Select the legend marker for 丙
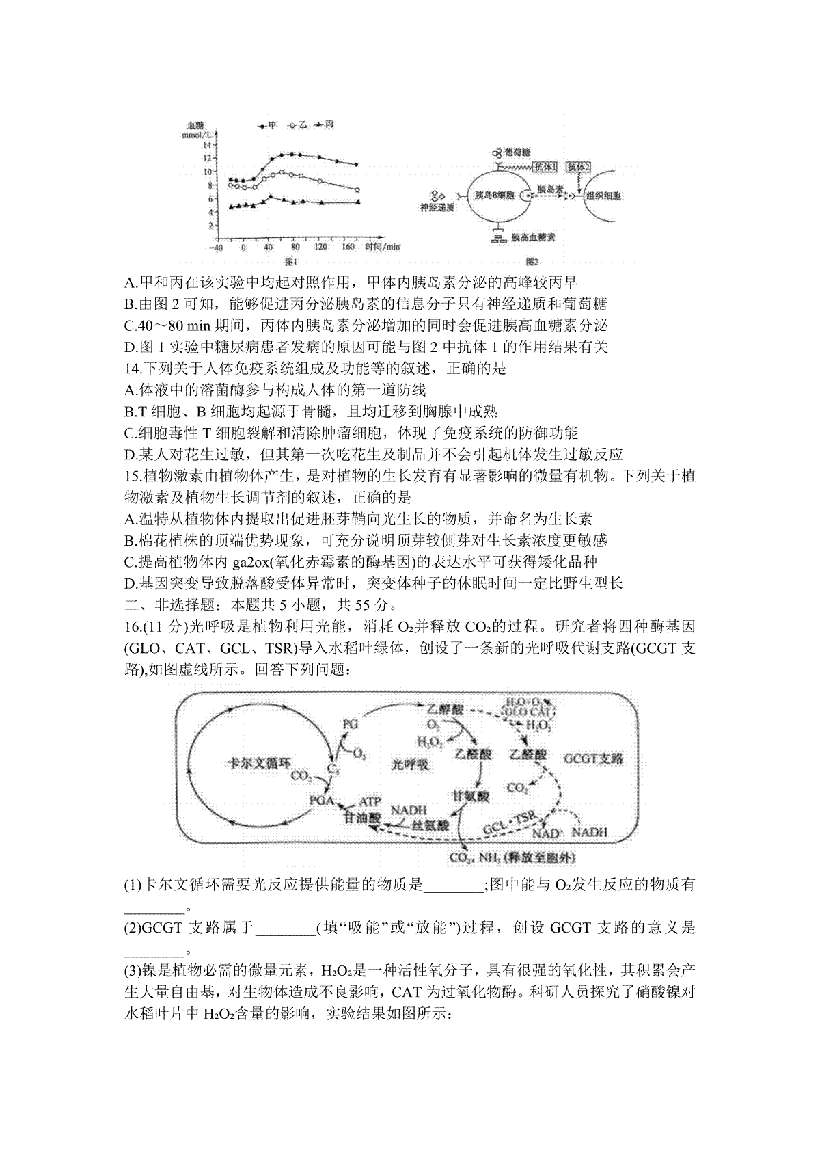point(319,124)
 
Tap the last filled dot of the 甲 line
point(356,165)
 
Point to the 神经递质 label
point(437,208)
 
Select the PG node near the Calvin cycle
point(350,723)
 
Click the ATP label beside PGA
point(370,801)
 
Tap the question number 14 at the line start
point(132,369)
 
